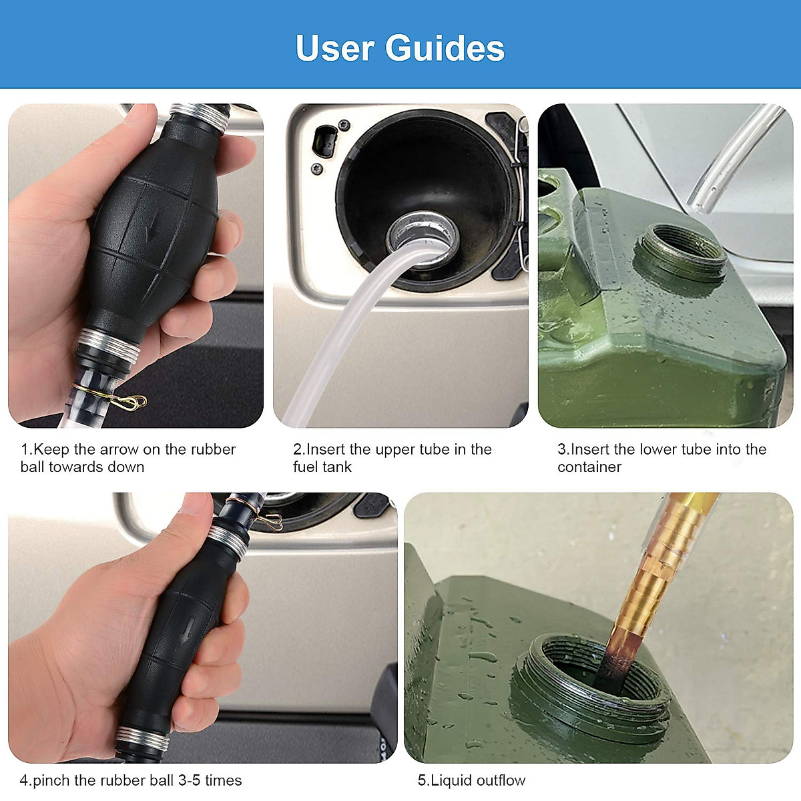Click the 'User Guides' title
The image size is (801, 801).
tap(400, 48)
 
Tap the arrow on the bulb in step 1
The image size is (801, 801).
tap(152, 227)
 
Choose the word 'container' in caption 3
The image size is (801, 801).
tap(589, 467)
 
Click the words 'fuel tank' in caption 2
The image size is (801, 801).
tap(322, 467)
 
